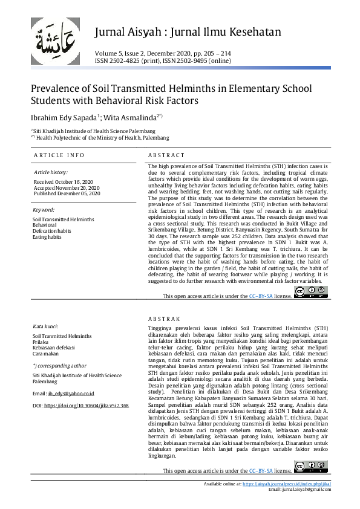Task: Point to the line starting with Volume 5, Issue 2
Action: point(163,53)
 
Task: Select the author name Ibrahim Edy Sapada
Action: point(65,117)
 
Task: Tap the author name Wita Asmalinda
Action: point(132,117)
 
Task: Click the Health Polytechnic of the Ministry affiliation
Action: point(92,137)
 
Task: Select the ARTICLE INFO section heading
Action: point(59,155)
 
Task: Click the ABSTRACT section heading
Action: point(166,155)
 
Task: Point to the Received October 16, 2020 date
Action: point(64,181)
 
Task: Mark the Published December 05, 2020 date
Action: point(66,193)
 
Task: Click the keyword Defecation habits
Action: point(51,231)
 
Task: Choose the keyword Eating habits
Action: point(47,237)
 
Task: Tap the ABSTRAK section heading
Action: point(164,319)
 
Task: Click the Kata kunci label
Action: point(45,326)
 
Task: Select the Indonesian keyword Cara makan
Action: point(45,354)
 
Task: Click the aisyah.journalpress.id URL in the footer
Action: point(286,484)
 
